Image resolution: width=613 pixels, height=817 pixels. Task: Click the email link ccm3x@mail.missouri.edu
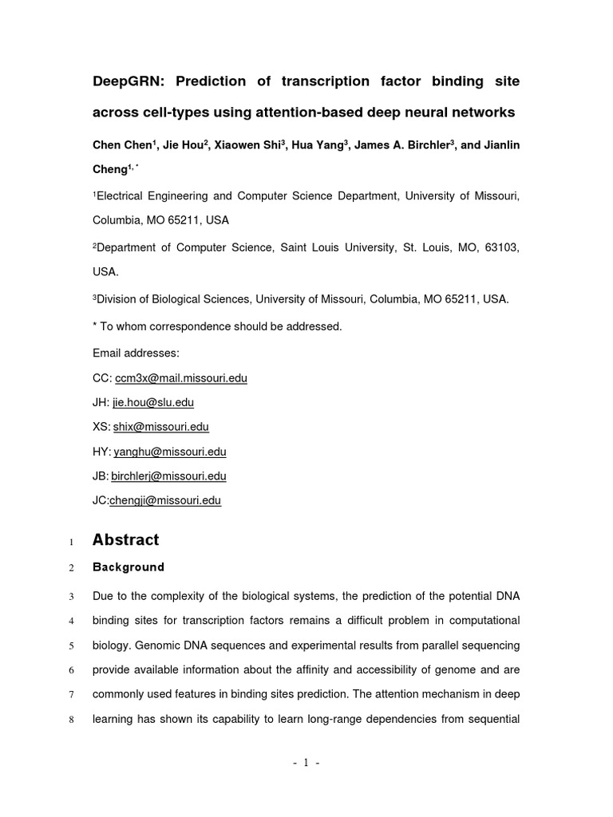click(181, 378)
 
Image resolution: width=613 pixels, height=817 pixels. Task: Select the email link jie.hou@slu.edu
click(153, 403)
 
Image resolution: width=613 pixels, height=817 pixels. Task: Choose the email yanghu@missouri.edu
click(170, 452)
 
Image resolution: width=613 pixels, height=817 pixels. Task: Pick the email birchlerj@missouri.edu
click(168, 476)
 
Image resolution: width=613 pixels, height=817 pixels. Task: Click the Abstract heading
click(125, 540)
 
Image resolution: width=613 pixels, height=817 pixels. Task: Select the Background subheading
click(129, 567)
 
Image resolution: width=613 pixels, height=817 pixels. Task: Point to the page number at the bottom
click(306, 763)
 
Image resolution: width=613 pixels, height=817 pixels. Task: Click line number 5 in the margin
click(71, 645)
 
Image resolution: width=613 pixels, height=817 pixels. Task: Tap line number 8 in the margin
click(71, 720)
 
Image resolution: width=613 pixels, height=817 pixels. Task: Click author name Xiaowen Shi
click(246, 145)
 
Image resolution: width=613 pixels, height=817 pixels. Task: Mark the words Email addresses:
click(136, 353)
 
